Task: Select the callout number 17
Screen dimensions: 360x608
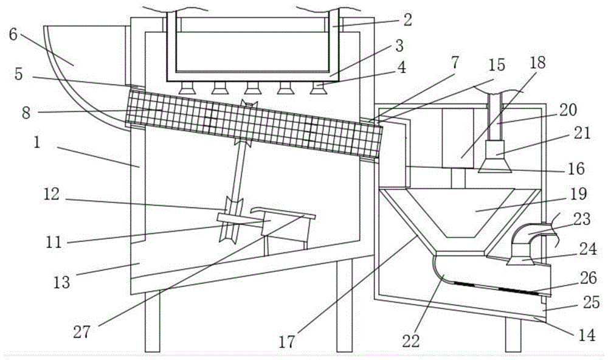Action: click(286, 341)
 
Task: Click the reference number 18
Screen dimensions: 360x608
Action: click(537, 63)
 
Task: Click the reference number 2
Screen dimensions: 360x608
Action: click(407, 19)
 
